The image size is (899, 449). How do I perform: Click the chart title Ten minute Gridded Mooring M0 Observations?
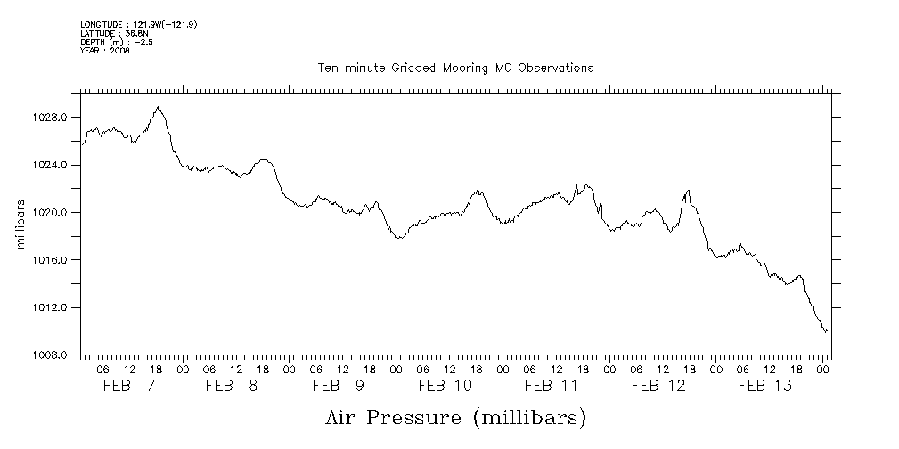pos(455,68)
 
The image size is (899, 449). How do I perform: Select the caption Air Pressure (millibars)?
pos(455,416)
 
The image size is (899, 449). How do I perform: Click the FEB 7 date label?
pos(128,386)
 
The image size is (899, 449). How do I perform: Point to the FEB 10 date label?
pos(445,386)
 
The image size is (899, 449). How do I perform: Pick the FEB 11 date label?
pos(552,386)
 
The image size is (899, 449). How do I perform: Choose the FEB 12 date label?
pos(658,386)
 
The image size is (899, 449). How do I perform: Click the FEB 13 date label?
pos(765,386)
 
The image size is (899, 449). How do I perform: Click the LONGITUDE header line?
pos(138,25)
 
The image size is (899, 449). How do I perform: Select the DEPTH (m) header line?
pos(116,42)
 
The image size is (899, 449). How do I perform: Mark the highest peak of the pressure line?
pos(158,107)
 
